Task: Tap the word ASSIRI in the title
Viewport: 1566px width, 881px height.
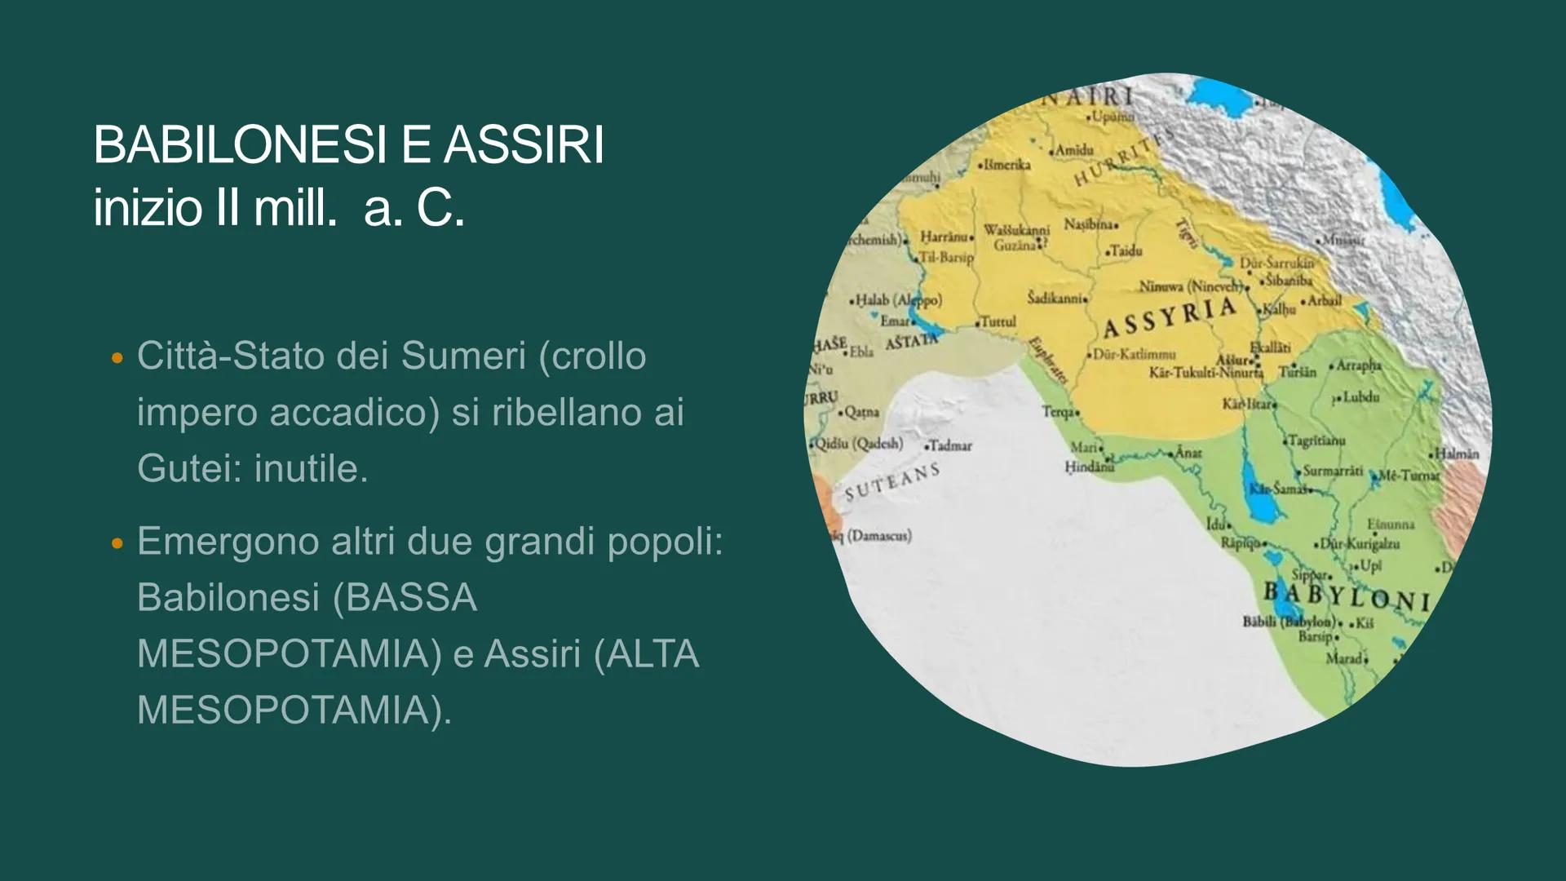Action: click(524, 146)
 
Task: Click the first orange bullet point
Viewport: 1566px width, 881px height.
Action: click(117, 357)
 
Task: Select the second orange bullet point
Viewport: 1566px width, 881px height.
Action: click(117, 542)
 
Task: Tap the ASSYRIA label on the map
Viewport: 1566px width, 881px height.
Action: click(1169, 317)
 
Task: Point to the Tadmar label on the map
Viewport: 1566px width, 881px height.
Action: click(950, 445)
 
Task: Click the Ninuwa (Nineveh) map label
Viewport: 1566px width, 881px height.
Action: click(1190, 286)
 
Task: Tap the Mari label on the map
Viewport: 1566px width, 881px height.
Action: click(1084, 447)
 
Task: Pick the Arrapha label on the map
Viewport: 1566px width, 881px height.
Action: click(1357, 365)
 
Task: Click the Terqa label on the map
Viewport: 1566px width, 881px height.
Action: click(1059, 412)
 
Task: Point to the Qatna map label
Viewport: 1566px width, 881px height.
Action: click(861, 412)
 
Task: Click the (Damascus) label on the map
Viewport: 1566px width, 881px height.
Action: click(879, 536)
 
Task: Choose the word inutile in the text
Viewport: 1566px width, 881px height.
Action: click(311, 468)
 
